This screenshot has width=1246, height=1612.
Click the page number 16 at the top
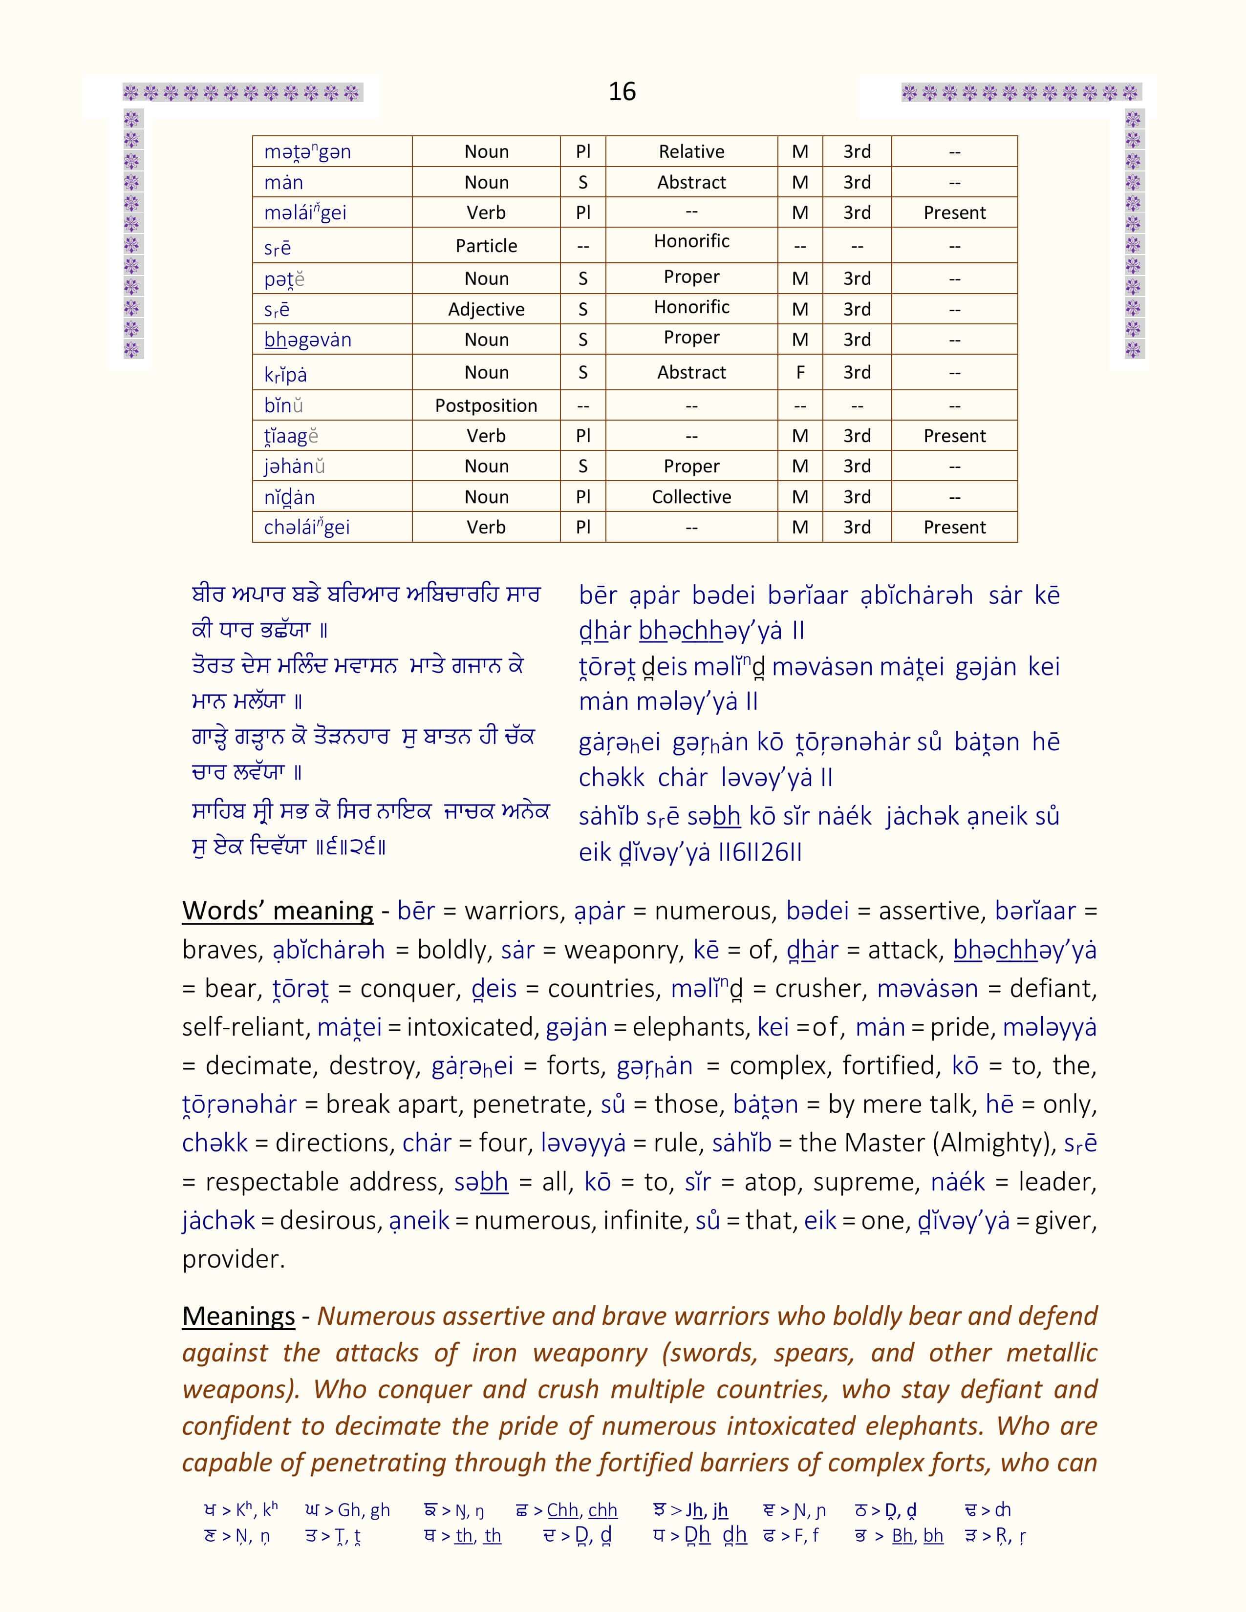click(x=622, y=91)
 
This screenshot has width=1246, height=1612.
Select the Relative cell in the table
click(x=691, y=151)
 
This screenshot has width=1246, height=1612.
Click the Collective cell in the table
click(x=691, y=497)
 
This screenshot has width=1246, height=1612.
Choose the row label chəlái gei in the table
click(x=306, y=527)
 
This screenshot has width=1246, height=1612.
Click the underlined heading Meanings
click(x=238, y=1316)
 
